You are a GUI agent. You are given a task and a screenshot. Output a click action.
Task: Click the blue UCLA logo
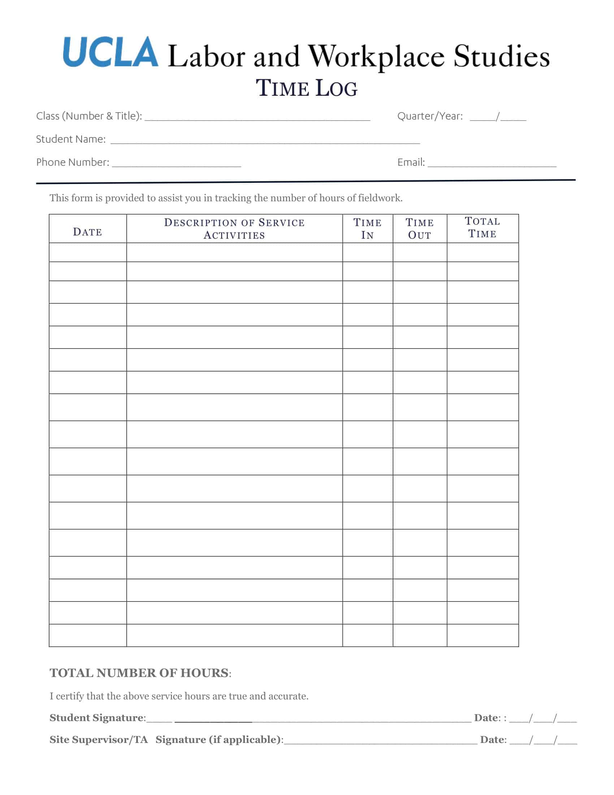click(111, 52)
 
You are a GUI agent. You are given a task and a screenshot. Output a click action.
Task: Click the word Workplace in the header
click(376, 57)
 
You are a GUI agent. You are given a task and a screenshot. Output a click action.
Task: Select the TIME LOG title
click(307, 89)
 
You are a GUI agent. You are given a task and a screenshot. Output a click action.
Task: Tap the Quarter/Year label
click(430, 116)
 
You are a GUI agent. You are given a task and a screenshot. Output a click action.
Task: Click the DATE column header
click(88, 232)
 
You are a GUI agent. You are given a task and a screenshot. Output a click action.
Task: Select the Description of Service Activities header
click(234, 229)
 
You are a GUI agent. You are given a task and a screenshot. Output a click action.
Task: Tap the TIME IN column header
click(367, 229)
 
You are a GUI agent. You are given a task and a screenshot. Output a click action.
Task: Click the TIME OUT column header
click(419, 229)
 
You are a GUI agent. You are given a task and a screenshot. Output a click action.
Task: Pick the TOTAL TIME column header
click(482, 228)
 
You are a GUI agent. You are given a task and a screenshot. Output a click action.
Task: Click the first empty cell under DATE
click(88, 252)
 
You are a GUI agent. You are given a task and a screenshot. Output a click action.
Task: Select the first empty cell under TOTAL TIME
click(482, 252)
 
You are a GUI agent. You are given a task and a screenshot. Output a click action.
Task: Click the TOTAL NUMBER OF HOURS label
click(139, 673)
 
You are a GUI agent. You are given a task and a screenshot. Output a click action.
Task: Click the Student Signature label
click(97, 717)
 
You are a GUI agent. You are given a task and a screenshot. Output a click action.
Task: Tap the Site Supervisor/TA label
click(99, 739)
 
